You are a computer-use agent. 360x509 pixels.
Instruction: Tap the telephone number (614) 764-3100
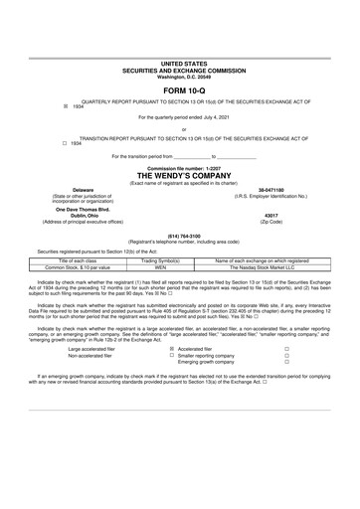[x=179, y=235]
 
